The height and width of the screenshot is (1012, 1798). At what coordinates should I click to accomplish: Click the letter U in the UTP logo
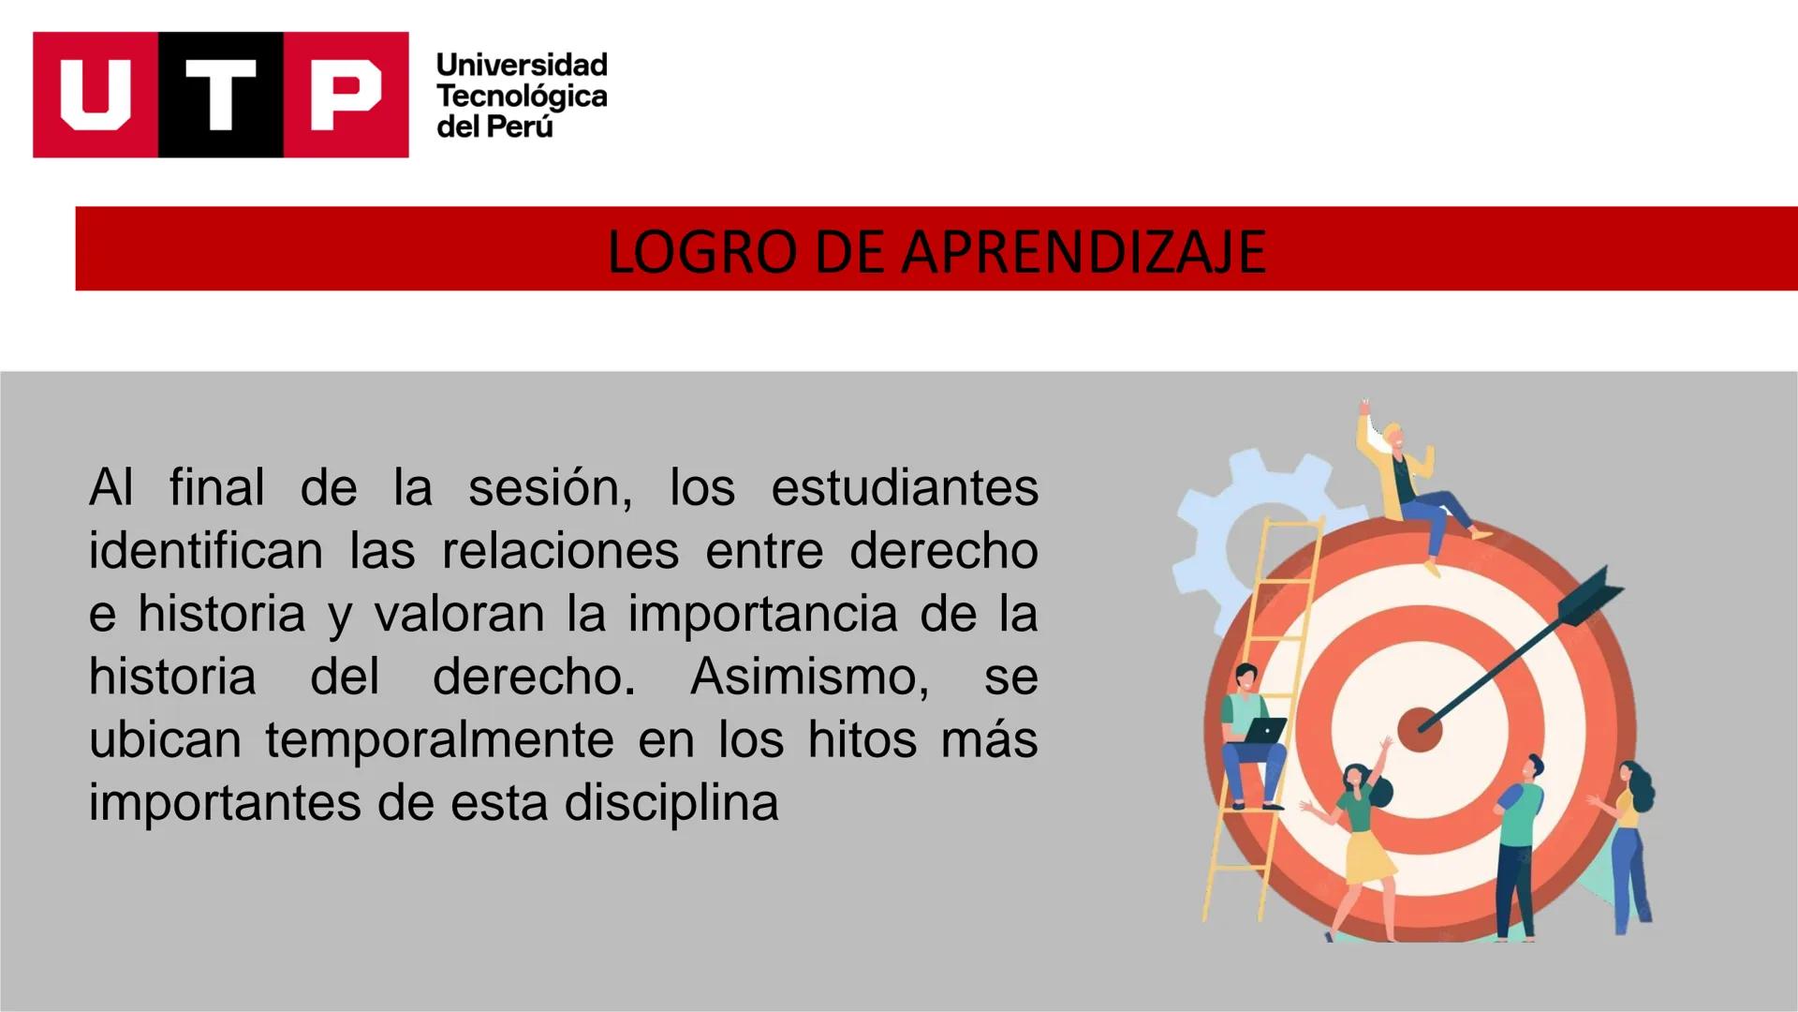click(96, 95)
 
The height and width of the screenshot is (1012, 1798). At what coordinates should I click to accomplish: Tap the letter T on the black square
click(221, 95)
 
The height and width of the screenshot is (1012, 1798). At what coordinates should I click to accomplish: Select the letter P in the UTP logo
click(346, 95)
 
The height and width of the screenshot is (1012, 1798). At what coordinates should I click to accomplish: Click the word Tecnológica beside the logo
click(522, 96)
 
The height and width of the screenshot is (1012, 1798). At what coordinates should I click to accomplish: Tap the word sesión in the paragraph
click(551, 488)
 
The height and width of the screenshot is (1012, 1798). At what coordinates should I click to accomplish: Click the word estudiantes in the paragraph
click(905, 488)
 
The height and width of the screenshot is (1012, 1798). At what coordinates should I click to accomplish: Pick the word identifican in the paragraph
click(206, 551)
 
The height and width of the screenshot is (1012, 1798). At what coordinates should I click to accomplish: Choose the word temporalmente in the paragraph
click(439, 739)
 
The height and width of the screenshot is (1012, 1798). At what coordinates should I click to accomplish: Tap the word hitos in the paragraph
click(862, 739)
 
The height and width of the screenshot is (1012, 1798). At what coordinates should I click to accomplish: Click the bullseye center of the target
click(1420, 729)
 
